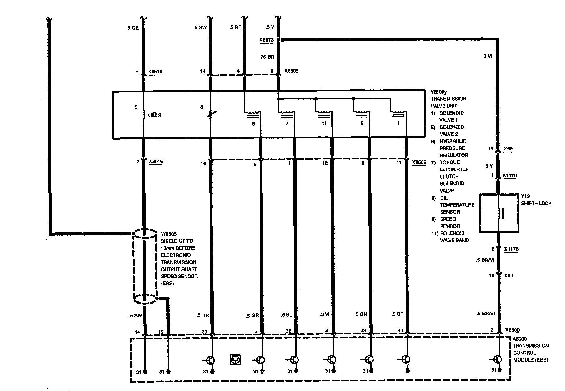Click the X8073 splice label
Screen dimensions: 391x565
[x=266, y=40]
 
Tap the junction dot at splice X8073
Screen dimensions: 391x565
[x=278, y=40]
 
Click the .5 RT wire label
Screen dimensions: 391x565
[x=235, y=28]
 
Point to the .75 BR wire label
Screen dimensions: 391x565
[x=267, y=57]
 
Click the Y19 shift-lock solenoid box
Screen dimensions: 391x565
[x=499, y=213]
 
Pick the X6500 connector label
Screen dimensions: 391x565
[x=512, y=330]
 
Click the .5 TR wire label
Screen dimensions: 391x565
[x=203, y=315]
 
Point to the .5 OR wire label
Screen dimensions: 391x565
[x=398, y=314]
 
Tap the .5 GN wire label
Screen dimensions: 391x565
[x=360, y=314]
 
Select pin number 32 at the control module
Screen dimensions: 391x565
[x=288, y=331]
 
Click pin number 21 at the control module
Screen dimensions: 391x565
[x=204, y=332]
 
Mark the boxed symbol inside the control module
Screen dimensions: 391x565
[x=235, y=359]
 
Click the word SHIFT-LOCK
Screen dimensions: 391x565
[x=536, y=203]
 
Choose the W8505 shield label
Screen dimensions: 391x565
[x=169, y=234]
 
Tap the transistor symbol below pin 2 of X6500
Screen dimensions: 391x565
[x=497, y=359]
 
